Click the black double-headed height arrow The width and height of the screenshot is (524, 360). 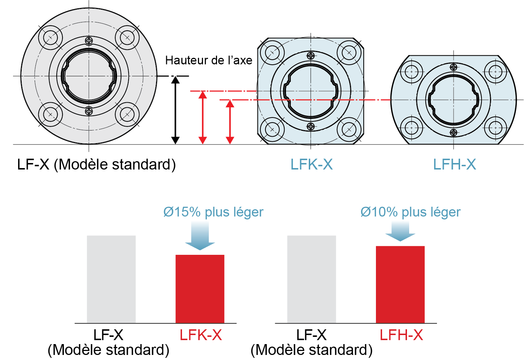[x=175, y=110]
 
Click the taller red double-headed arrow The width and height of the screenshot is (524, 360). [x=203, y=117]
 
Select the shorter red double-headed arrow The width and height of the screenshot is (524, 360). [x=230, y=122]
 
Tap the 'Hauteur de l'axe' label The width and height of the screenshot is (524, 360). [x=208, y=60]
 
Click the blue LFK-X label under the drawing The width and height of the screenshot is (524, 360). [x=311, y=164]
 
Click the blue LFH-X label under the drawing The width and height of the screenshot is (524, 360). [x=454, y=164]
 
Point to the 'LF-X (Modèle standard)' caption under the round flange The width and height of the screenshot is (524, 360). [x=96, y=164]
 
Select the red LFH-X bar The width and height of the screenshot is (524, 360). [x=400, y=284]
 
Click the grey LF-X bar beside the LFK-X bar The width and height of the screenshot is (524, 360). [x=111, y=279]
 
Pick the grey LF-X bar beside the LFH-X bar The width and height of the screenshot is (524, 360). [x=311, y=279]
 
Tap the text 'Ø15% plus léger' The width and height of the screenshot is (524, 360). [x=213, y=212]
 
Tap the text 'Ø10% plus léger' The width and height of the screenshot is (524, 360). [x=410, y=212]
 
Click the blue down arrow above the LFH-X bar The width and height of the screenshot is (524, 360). [x=400, y=231]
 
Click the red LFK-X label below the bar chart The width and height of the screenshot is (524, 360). [x=200, y=335]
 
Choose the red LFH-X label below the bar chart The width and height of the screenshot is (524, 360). [x=401, y=335]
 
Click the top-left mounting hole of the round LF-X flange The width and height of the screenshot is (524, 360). [x=51, y=37]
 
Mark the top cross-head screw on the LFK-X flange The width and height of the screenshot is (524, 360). [x=311, y=56]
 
